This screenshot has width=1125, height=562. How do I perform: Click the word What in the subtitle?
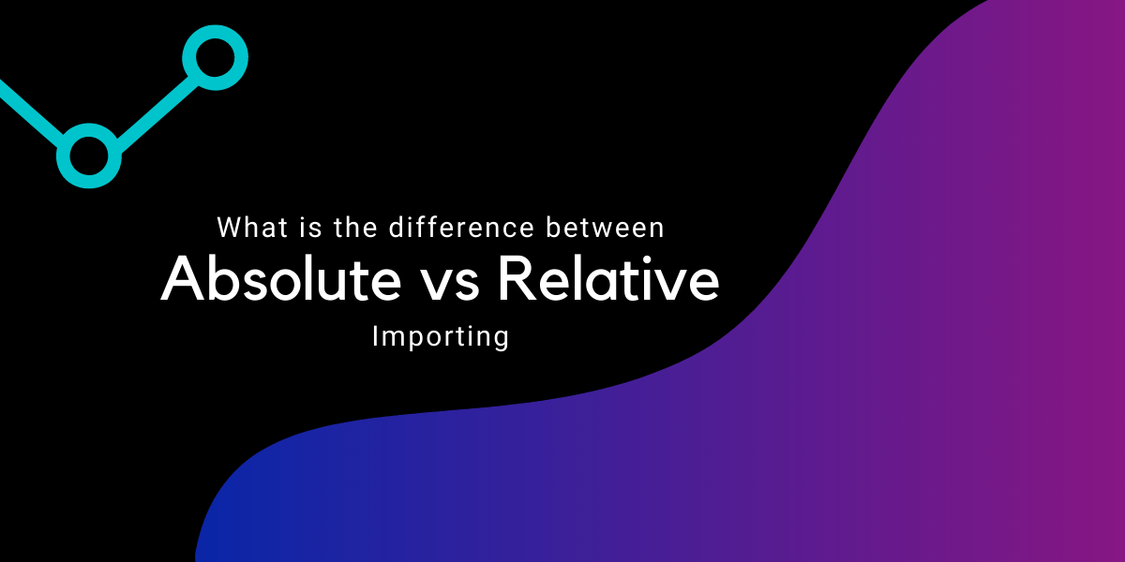click(247, 228)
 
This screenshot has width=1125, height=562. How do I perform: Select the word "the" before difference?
click(344, 228)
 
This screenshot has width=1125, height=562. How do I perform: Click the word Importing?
click(441, 336)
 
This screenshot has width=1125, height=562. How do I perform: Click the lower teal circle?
click(89, 155)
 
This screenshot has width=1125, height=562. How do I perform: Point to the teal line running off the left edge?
click(28, 109)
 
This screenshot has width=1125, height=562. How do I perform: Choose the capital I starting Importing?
click(375, 335)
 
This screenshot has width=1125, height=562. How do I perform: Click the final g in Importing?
click(501, 339)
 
